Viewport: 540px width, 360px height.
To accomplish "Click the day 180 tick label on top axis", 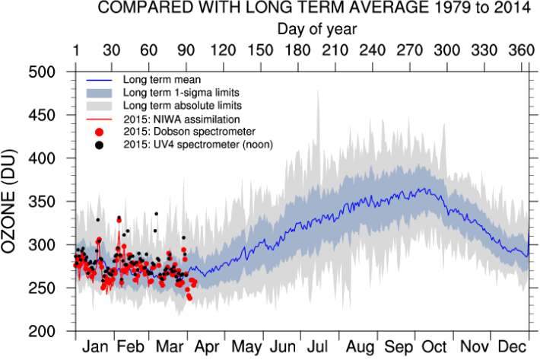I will point(297,50).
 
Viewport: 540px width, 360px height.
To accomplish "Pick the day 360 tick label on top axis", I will point(519,50).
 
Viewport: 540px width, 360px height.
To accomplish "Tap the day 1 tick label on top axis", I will point(76,50).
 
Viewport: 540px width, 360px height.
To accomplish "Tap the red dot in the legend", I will point(100,131).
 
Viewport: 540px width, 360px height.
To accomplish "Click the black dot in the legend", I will point(100,144).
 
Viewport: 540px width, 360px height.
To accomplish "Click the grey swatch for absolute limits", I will point(99,105).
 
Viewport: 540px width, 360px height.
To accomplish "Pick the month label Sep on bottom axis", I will point(397,349).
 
